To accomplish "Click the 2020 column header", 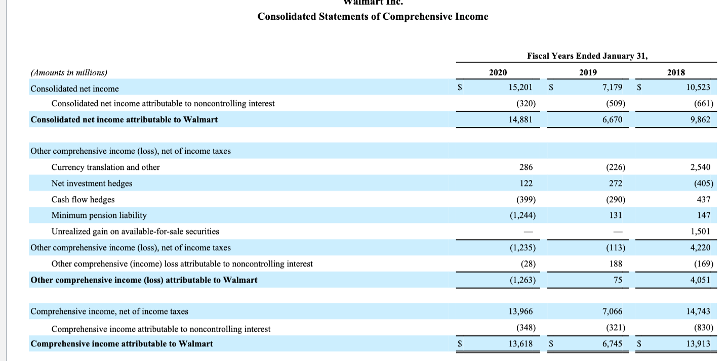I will tap(498, 72).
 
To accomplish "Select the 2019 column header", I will tap(587, 72).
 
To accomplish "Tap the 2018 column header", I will tap(676, 72).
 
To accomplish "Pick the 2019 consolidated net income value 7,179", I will tap(612, 88).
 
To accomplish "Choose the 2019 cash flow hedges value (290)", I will tap(614, 199).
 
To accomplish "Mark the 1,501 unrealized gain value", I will tap(700, 231).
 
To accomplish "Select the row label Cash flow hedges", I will tap(83, 199).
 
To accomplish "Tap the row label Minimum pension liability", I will tap(99, 215).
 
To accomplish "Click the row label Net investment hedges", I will tap(92, 183).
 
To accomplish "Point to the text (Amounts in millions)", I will tap(69, 72).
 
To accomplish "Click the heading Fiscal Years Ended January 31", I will tap(587, 56).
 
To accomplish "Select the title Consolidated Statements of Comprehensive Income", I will tap(373, 17).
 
